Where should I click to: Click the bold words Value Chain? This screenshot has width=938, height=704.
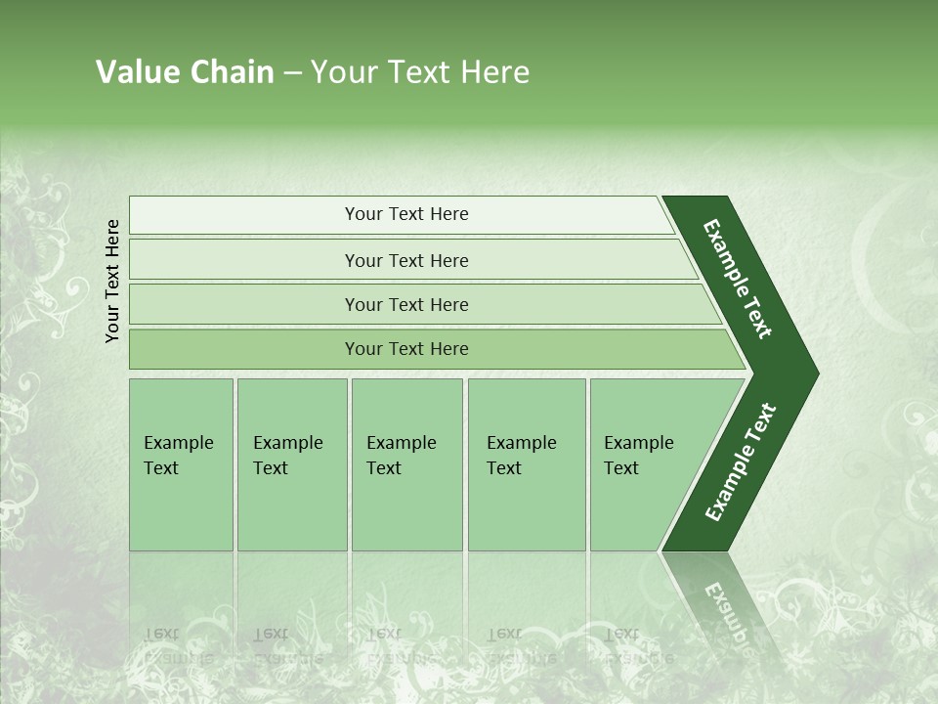[x=185, y=72]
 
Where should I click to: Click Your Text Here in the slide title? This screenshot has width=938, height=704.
[x=420, y=72]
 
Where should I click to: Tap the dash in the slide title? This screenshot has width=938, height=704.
[x=292, y=73]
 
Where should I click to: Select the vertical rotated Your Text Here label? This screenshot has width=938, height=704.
[x=112, y=281]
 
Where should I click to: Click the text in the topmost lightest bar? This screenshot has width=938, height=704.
[x=406, y=214]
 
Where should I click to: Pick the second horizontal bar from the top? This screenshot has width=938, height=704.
[x=406, y=260]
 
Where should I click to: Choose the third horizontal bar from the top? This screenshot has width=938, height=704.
[x=406, y=304]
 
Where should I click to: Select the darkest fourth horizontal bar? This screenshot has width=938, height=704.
[x=406, y=349]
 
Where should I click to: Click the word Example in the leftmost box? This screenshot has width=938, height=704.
[x=178, y=443]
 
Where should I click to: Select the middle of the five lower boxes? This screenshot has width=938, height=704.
[x=406, y=464]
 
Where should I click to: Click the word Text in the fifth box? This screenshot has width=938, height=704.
[x=620, y=468]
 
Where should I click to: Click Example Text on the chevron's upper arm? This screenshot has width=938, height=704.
[x=738, y=279]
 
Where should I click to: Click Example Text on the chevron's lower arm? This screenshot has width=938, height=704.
[x=740, y=462]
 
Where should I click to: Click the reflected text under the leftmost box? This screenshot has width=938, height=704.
[x=178, y=645]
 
